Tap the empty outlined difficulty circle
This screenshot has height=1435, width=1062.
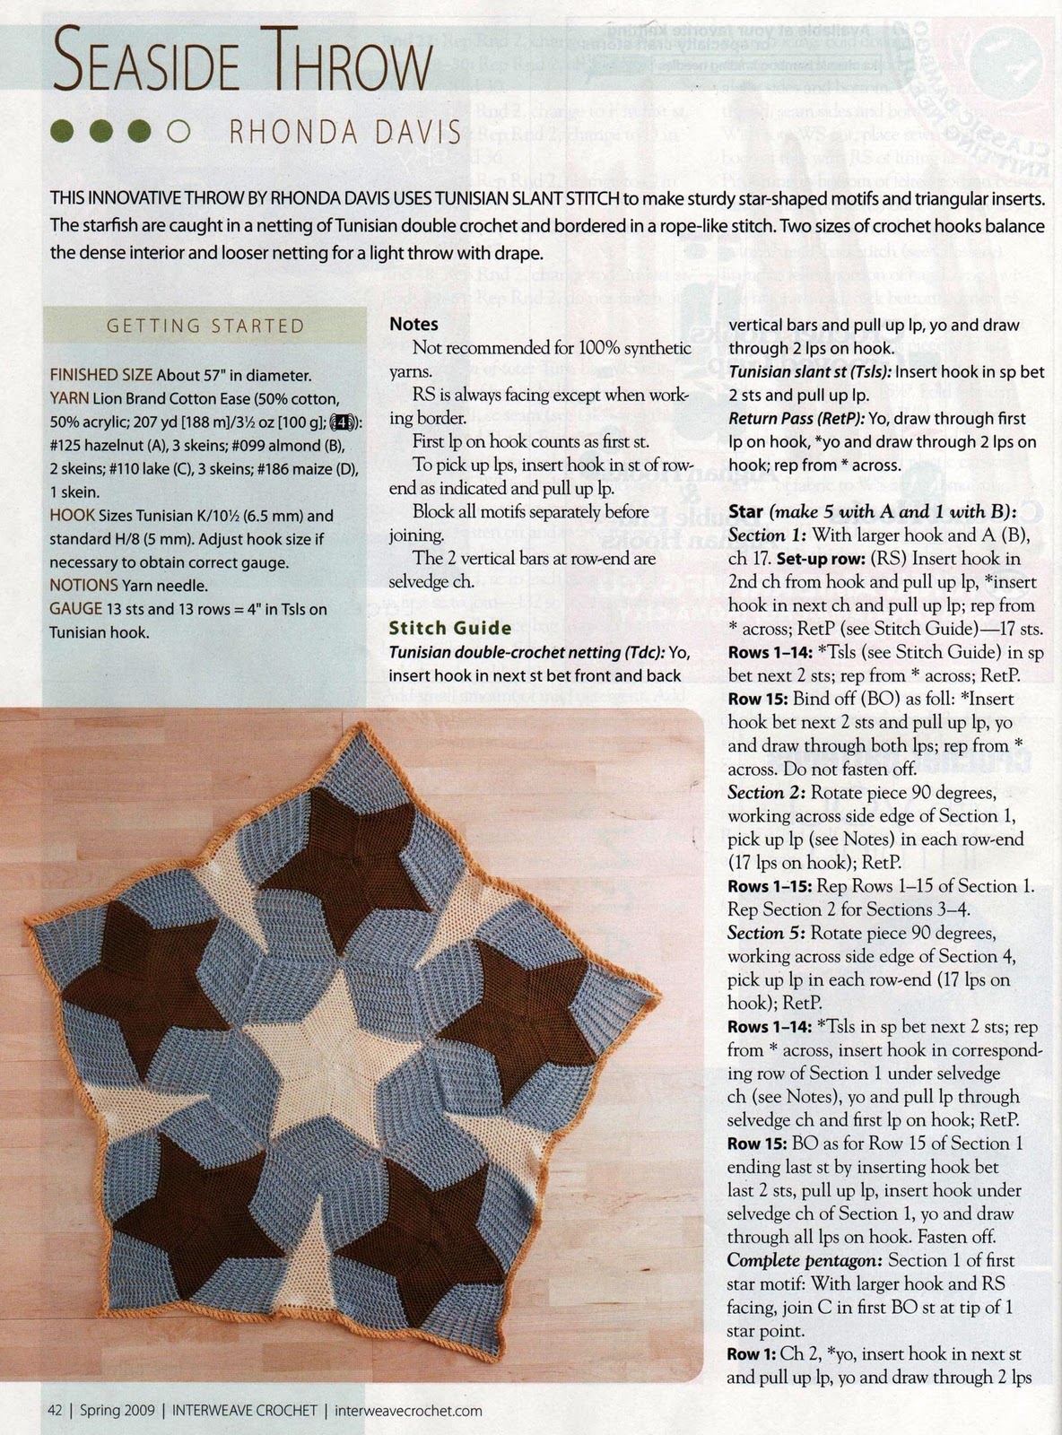[178, 132]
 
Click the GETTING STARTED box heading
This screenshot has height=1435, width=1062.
[205, 326]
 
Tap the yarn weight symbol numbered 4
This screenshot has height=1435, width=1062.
[342, 422]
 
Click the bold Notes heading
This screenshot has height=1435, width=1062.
[413, 324]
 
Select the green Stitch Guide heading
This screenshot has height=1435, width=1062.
[449, 628]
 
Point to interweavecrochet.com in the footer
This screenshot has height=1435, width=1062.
[408, 1410]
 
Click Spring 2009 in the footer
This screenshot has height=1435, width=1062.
[111, 1410]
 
